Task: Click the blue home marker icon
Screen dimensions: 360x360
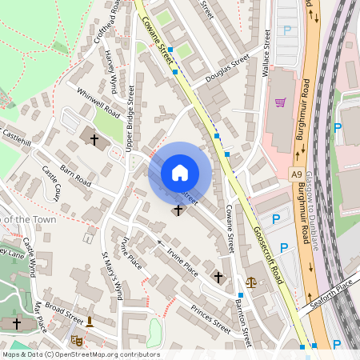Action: [x=180, y=172]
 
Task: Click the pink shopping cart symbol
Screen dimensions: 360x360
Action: [x=280, y=102]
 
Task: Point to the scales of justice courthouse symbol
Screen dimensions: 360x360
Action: [x=252, y=282]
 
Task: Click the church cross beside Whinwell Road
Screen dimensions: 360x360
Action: [x=94, y=140]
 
